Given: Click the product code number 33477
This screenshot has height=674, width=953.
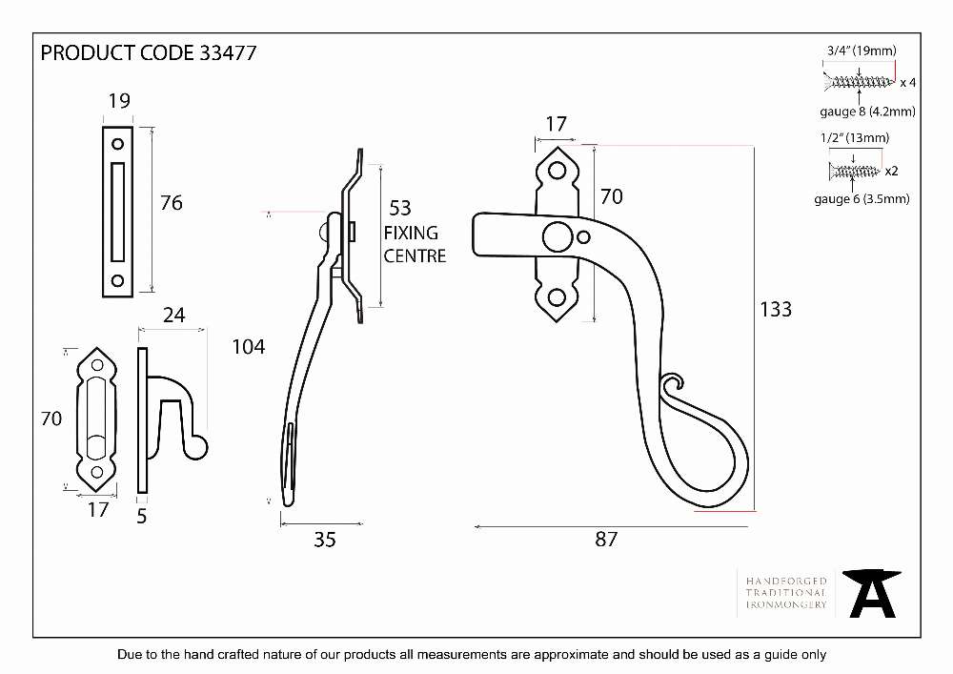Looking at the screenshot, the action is click(228, 52).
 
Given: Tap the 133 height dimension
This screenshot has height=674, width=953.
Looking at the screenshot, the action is click(776, 309).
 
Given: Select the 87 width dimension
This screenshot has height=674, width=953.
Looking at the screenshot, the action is click(606, 539).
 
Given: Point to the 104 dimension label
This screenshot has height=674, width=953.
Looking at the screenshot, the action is click(249, 347).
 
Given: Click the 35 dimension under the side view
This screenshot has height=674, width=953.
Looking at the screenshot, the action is click(325, 540).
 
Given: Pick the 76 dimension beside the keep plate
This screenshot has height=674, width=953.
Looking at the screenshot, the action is click(172, 203).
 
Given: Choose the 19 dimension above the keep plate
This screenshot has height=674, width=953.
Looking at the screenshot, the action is click(119, 101).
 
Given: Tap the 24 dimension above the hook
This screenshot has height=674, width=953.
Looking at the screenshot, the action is click(173, 315).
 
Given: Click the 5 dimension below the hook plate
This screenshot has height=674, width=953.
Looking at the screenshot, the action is click(142, 517).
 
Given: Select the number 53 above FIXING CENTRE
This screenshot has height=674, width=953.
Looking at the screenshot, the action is click(400, 209).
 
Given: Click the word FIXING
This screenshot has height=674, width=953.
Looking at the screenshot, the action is click(411, 233).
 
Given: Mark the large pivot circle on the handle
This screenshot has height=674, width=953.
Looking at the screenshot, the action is click(557, 236).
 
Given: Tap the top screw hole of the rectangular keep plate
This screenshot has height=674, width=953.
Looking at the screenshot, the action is click(118, 144).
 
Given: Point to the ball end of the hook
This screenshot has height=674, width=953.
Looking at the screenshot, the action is click(197, 448).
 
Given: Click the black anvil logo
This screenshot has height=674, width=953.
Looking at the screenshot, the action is click(872, 593).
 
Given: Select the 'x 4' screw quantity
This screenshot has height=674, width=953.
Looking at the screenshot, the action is click(907, 83).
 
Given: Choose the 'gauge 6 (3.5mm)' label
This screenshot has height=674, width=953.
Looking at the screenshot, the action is click(862, 198).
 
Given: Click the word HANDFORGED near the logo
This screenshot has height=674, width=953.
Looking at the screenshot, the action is click(786, 581).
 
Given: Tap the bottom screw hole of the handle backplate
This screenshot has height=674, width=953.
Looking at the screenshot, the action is click(557, 297).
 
